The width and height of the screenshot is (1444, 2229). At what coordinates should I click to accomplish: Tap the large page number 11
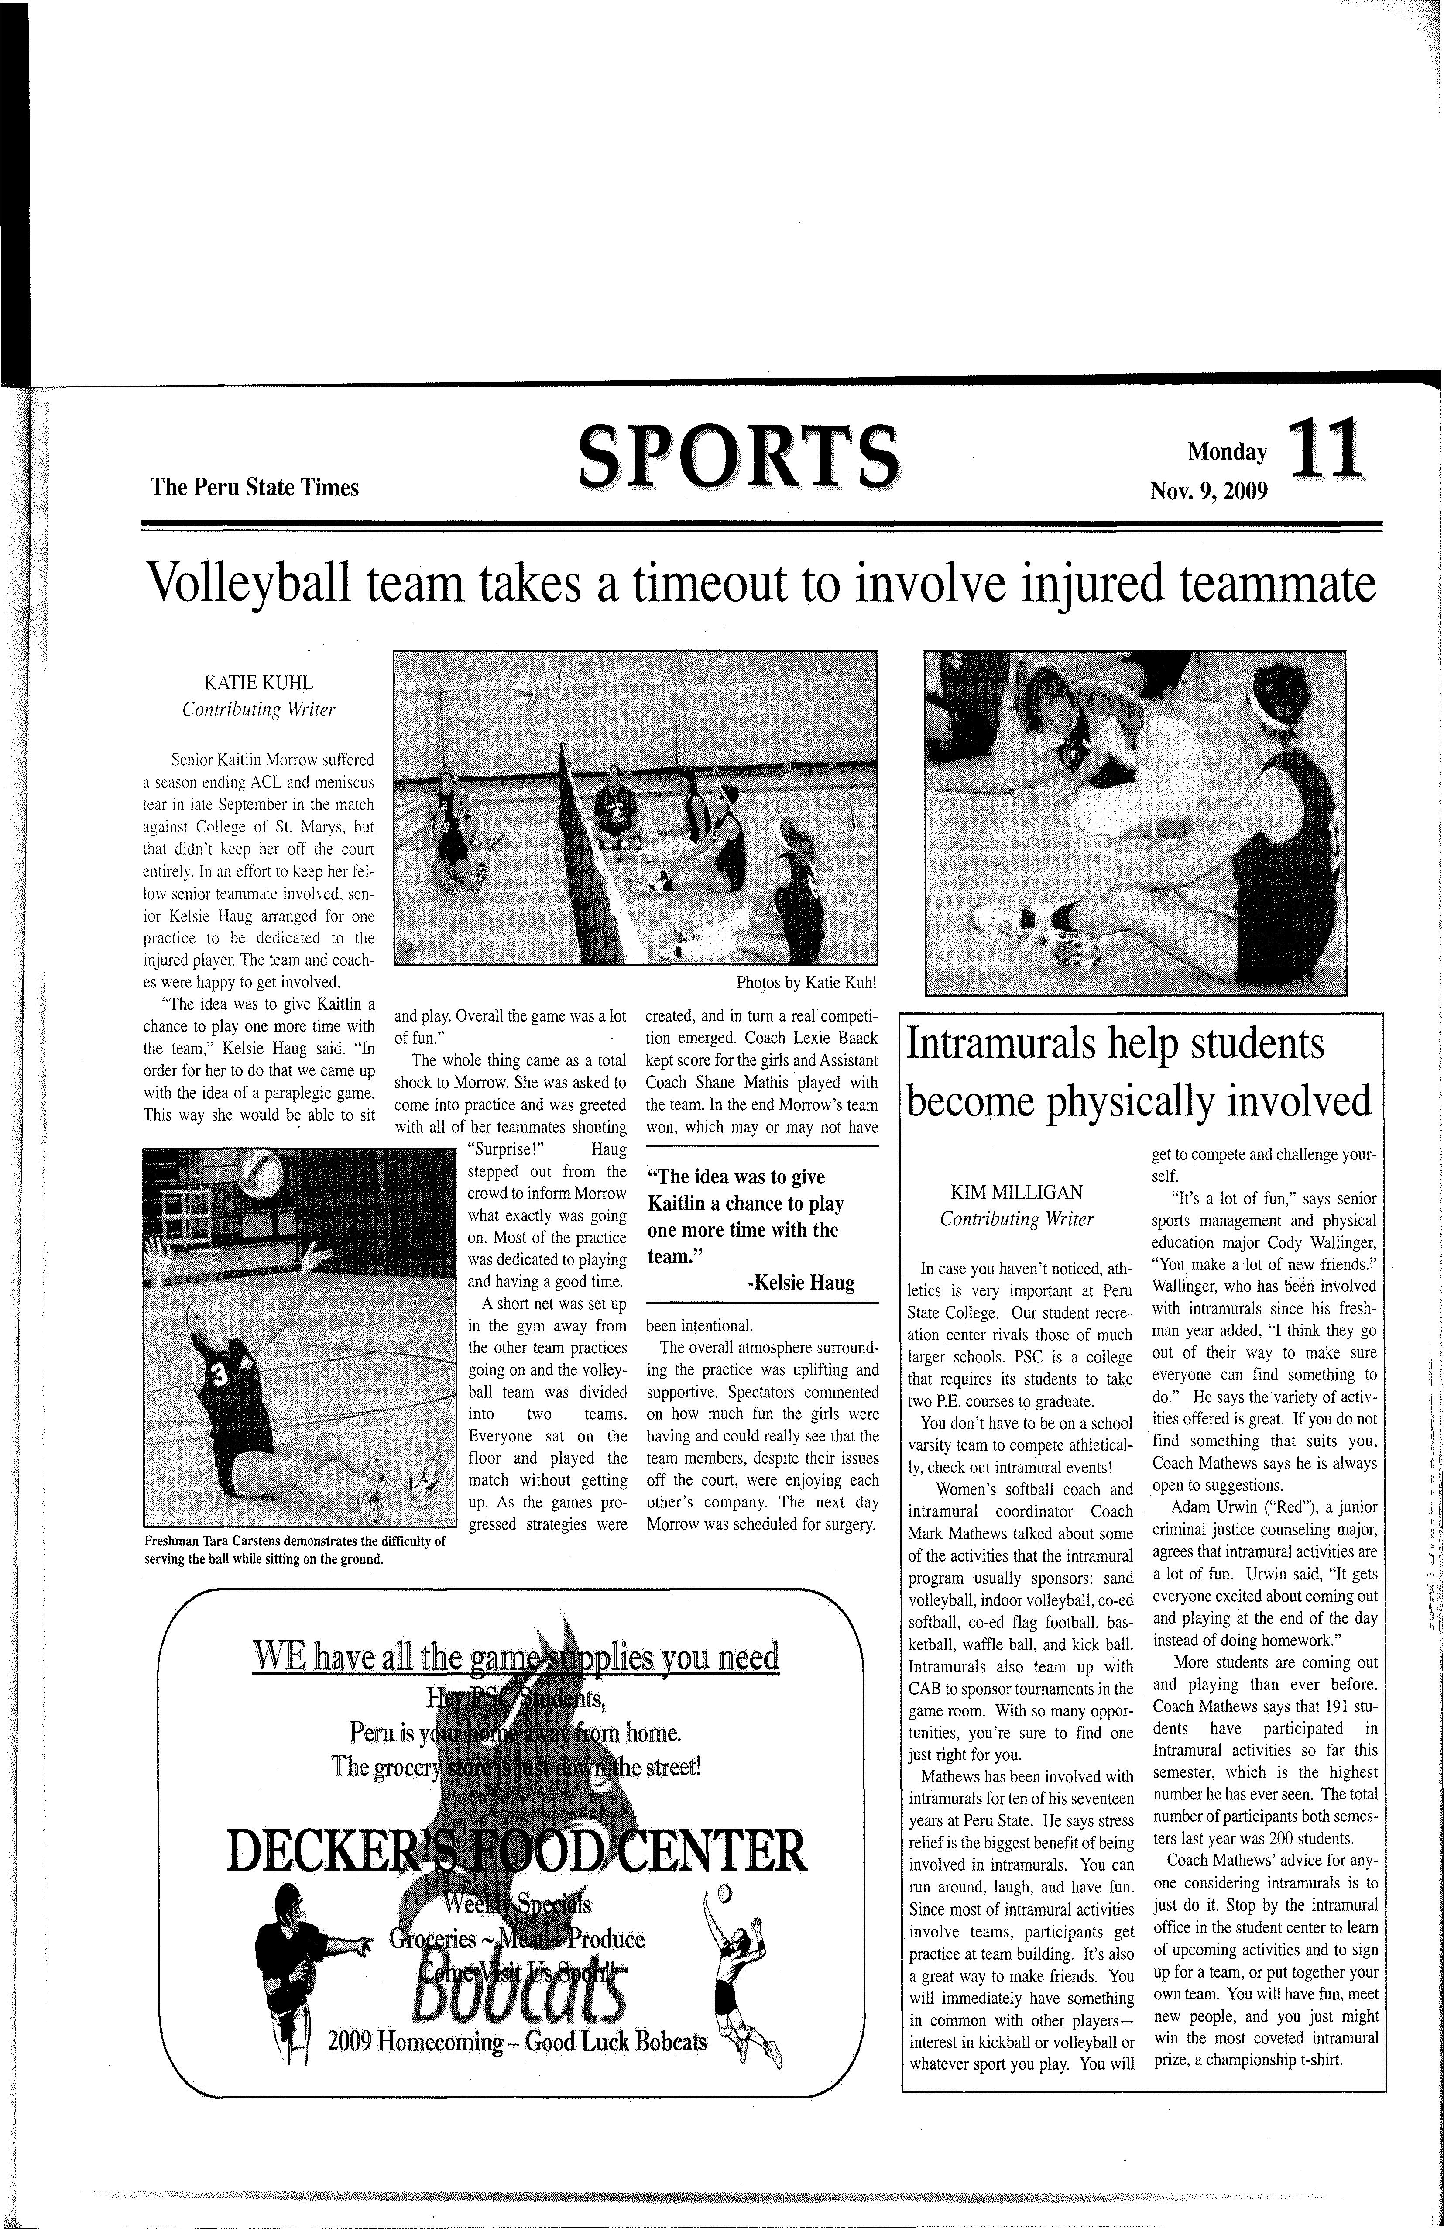pyautogui.click(x=1324, y=450)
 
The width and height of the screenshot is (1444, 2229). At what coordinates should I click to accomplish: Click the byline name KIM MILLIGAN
pyautogui.click(x=1016, y=1192)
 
